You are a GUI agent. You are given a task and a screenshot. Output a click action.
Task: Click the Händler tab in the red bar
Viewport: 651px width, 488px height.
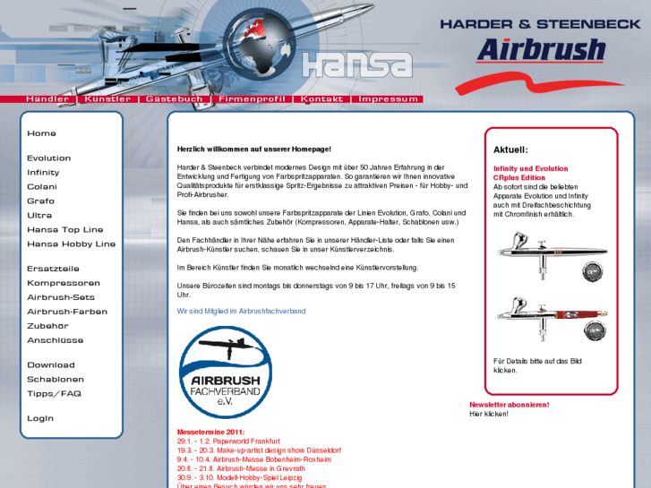(47, 99)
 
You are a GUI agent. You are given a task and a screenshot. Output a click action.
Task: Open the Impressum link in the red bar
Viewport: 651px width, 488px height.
(388, 99)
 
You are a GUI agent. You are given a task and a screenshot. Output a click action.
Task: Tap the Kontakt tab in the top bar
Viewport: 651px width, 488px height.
(321, 99)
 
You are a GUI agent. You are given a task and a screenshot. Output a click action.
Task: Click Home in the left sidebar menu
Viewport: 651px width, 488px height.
(41, 133)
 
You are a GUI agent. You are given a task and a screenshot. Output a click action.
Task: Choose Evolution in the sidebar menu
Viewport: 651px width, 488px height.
(48, 158)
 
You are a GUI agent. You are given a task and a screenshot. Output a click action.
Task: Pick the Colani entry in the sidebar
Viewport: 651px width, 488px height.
(42, 187)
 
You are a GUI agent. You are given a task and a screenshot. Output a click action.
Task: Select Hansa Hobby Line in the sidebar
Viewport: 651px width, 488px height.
(71, 244)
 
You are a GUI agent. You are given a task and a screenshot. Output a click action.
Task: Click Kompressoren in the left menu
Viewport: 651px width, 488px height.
(63, 283)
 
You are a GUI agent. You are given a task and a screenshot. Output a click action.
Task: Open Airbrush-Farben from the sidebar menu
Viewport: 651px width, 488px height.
(67, 312)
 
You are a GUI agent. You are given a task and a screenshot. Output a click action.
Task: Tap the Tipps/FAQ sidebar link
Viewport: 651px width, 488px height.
(54, 394)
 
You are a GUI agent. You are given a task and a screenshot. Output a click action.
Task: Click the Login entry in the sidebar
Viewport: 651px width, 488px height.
(40, 418)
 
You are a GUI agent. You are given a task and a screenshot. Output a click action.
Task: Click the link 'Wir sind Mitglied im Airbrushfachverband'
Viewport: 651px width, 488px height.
(241, 312)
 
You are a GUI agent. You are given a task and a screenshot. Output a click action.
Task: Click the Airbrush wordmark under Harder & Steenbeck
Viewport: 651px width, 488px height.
(540, 49)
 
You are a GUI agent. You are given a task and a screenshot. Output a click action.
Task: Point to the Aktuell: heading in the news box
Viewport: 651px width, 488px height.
(510, 150)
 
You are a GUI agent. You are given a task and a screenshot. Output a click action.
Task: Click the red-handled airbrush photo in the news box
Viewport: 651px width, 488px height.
(552, 320)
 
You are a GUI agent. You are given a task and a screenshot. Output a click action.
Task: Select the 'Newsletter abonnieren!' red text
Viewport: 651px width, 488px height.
(510, 405)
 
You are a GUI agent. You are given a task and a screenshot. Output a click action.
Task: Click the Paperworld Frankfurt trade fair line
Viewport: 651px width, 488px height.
(228, 441)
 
